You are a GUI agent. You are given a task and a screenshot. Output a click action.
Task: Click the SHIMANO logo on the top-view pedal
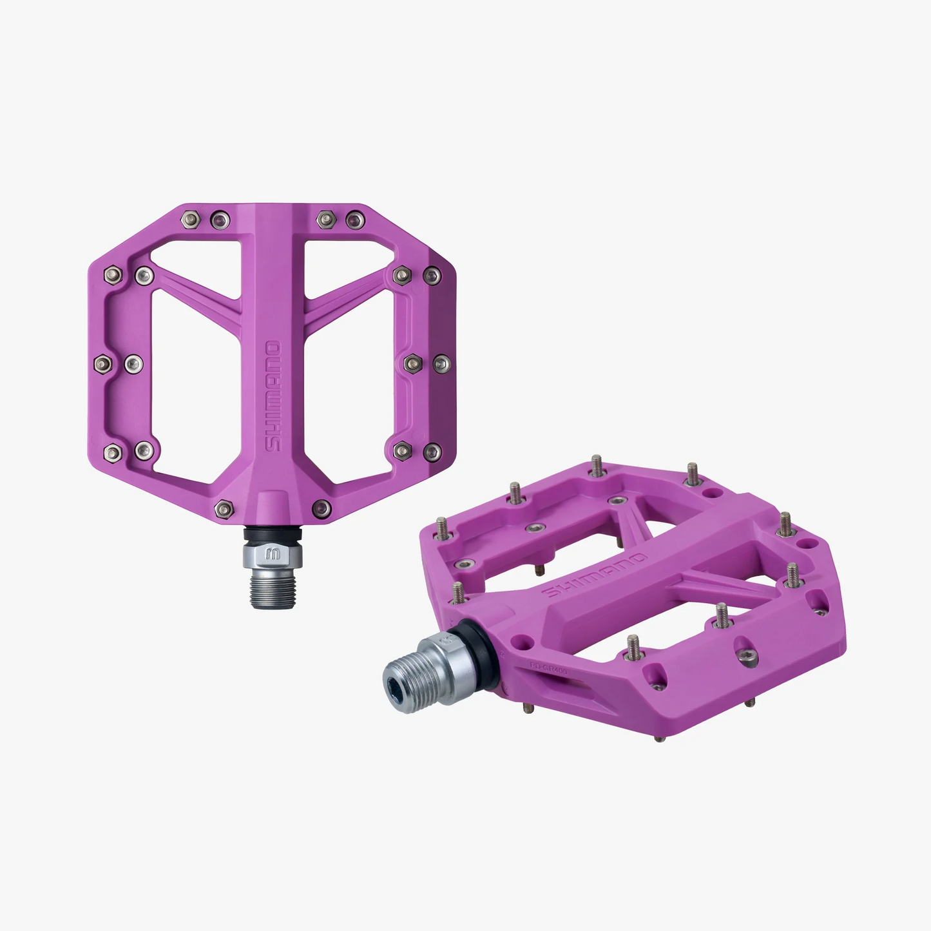(x=273, y=396)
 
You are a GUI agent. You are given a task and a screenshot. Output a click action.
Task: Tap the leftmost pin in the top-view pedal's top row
(x=189, y=218)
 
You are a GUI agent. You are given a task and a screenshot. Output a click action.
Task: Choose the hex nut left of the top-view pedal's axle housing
(x=224, y=509)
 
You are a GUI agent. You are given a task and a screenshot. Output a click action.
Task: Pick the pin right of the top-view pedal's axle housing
(x=322, y=508)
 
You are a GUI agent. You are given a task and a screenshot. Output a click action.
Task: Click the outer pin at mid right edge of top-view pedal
(x=441, y=364)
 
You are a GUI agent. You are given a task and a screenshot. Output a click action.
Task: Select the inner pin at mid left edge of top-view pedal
(x=133, y=364)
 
